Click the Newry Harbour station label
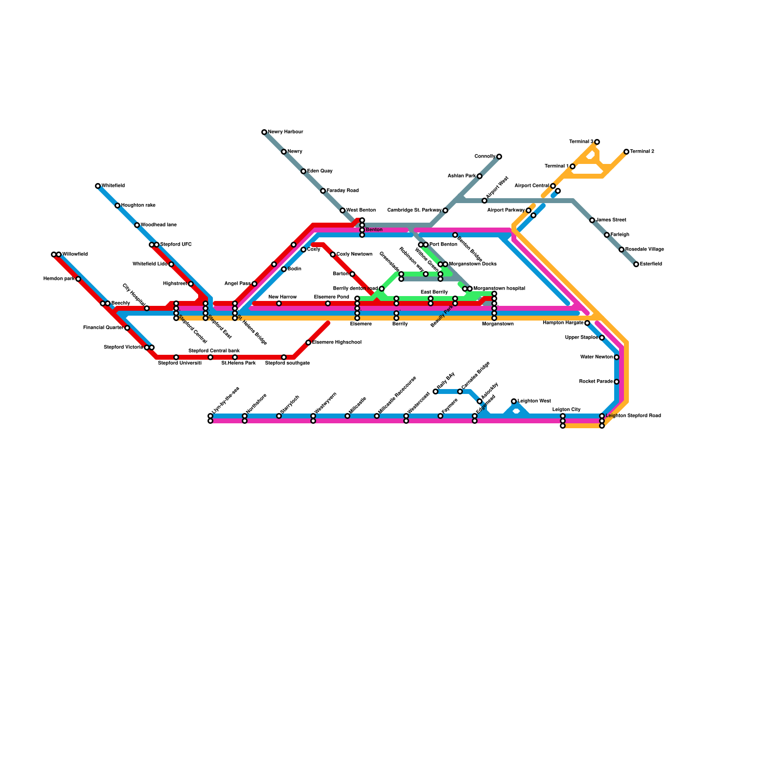(x=285, y=132)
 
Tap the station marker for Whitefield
(x=98, y=186)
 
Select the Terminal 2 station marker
(x=626, y=152)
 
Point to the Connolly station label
(x=485, y=157)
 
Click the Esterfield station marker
(x=636, y=264)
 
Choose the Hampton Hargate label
(x=563, y=323)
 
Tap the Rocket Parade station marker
(x=617, y=382)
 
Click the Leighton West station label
(x=534, y=401)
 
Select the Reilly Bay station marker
(x=436, y=391)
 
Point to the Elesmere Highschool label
(x=337, y=343)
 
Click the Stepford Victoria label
(x=123, y=347)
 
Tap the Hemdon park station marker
(x=78, y=279)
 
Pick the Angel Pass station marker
(x=254, y=284)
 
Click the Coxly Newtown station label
(x=354, y=254)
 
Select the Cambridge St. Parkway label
(x=415, y=210)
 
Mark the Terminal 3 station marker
(x=597, y=142)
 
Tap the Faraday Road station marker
(x=323, y=191)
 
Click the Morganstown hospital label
(x=499, y=289)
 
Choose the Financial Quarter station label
(x=103, y=328)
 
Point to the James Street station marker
(x=592, y=220)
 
